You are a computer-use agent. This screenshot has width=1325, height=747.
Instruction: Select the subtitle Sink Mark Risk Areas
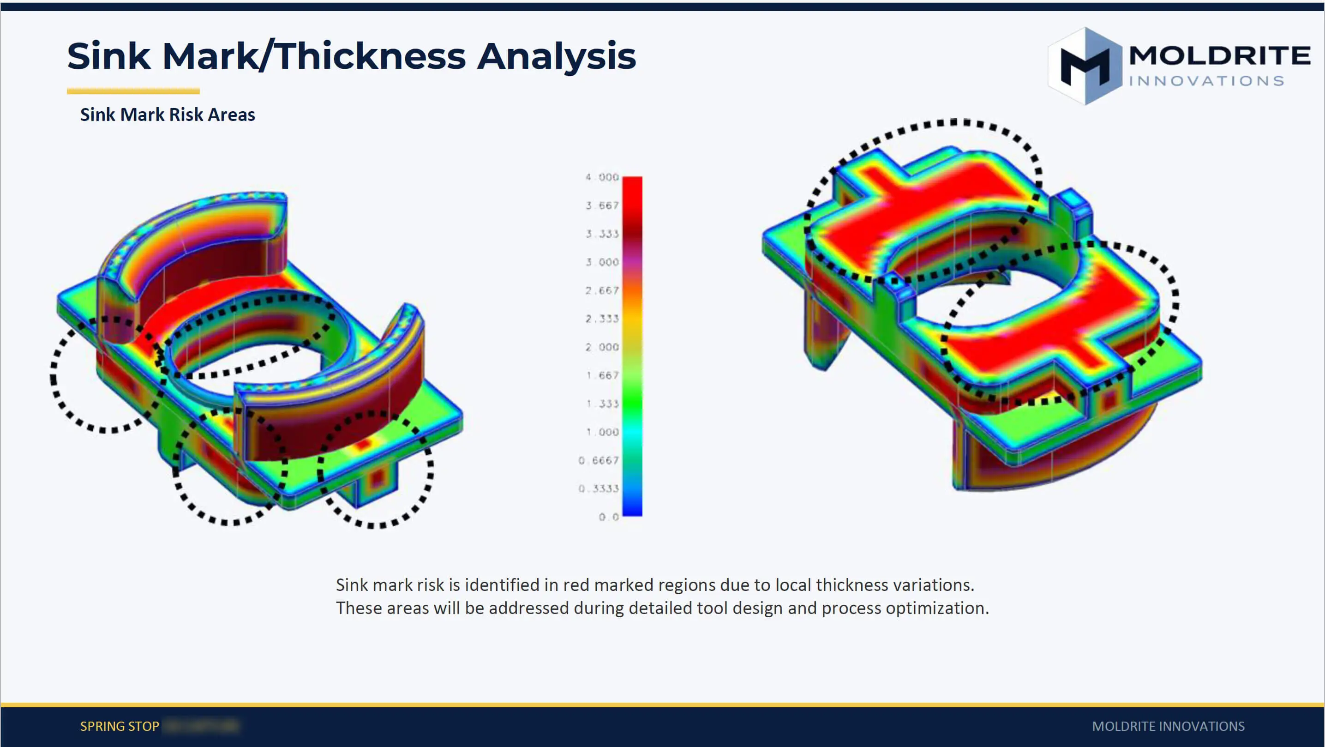click(167, 114)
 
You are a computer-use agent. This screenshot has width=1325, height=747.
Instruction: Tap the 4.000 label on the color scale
click(602, 177)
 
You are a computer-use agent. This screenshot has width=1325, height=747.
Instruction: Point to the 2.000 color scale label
click(602, 347)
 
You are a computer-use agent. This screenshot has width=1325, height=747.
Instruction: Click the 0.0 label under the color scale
click(608, 517)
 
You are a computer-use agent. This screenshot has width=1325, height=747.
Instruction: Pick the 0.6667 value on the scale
click(598, 460)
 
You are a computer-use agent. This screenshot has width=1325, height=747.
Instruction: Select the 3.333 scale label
click(602, 234)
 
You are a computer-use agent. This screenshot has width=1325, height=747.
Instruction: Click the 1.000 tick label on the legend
click(602, 432)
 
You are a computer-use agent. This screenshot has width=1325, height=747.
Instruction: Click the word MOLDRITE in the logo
click(1219, 55)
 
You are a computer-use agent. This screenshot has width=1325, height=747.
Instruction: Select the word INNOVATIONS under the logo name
click(1207, 81)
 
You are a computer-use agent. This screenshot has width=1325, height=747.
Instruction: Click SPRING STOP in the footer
click(120, 726)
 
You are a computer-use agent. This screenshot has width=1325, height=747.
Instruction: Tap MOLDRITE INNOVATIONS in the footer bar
click(1168, 726)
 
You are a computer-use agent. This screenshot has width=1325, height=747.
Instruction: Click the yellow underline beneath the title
click(133, 91)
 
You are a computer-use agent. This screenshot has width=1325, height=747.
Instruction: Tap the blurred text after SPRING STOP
click(201, 726)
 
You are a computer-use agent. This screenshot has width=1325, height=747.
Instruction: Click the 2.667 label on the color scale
click(602, 291)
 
